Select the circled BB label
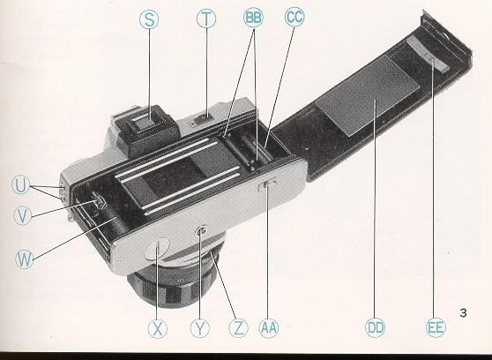[254, 20]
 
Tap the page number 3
[464, 311]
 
